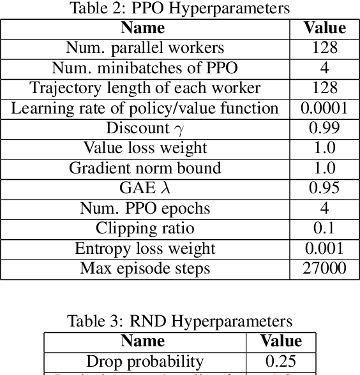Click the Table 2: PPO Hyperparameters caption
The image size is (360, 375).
[179, 8]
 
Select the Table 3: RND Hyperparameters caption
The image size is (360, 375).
[179, 320]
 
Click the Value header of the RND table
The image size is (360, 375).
[281, 341]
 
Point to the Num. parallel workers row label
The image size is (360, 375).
[145, 48]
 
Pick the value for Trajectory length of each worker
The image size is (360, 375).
[324, 88]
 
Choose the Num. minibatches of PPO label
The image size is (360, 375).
[145, 68]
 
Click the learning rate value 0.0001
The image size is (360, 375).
[324, 108]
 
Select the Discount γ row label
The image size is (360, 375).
[145, 128]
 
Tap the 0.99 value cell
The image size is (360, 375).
[324, 128]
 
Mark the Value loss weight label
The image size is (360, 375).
[145, 148]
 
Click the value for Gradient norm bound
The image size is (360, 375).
[324, 168]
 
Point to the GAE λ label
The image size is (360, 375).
[145, 188]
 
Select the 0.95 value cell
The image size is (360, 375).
[324, 188]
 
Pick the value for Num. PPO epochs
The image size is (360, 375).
[324, 208]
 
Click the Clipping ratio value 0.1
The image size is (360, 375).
[324, 228]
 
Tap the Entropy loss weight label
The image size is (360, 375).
[145, 248]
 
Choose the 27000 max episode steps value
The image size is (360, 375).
[324, 268]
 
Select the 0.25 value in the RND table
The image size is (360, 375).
[281, 362]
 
